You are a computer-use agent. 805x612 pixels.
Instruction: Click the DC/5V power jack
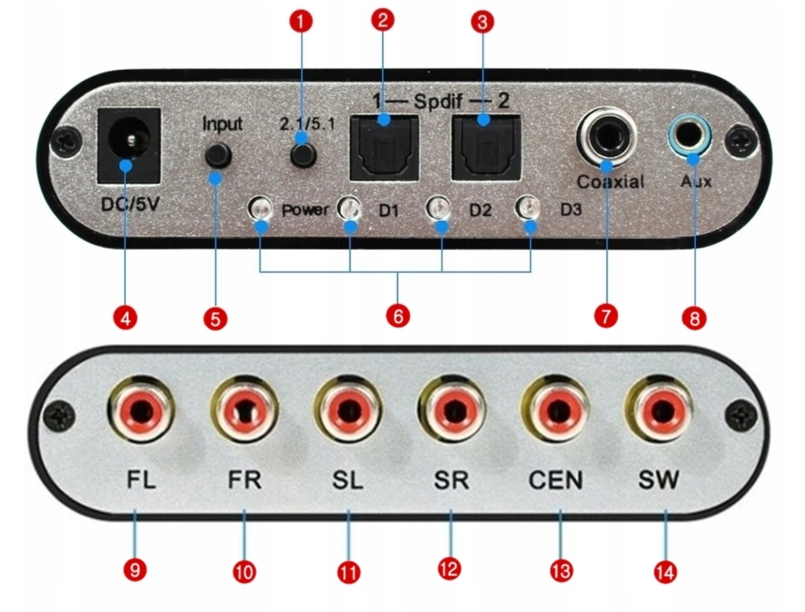tap(126, 144)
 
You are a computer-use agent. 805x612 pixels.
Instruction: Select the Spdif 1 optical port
tap(383, 147)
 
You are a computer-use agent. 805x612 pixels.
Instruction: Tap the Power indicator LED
tap(260, 210)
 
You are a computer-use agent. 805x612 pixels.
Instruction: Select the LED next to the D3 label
tap(529, 209)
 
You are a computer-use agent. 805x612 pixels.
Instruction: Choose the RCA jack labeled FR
tap(243, 410)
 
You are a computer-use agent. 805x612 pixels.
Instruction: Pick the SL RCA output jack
tap(348, 410)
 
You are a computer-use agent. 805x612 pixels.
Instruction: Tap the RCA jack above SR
tap(450, 410)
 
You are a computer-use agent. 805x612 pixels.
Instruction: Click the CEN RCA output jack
tap(554, 410)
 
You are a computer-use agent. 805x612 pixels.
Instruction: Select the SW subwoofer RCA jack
tap(657, 410)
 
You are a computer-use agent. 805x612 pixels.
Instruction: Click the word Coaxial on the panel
tap(610, 181)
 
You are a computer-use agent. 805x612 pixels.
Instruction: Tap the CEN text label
tap(556, 481)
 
